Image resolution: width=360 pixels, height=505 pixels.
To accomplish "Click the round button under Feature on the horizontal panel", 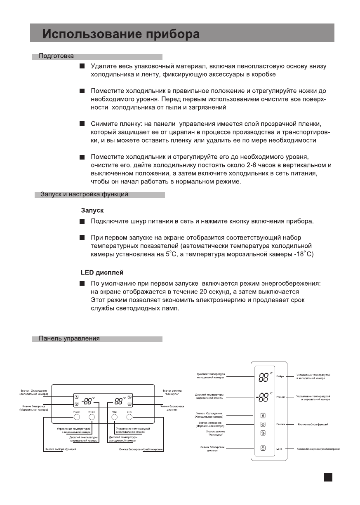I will (x=77, y=417).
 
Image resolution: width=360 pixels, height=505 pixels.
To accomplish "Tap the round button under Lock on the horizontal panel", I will (x=129, y=417).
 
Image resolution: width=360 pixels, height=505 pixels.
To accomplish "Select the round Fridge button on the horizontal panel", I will (x=114, y=417).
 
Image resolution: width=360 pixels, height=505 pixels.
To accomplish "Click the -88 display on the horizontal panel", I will (x=88, y=400).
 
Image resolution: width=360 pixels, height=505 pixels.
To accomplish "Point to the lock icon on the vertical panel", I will (x=263, y=448).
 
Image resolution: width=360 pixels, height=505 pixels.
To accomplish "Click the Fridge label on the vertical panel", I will (x=280, y=377).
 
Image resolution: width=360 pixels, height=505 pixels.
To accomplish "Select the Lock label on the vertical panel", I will (x=279, y=448).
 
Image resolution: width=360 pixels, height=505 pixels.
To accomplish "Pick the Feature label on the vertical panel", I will (x=281, y=424).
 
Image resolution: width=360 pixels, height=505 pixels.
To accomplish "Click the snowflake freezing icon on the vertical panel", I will (x=263, y=424).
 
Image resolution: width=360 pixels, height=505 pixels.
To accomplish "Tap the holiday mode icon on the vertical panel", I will (x=263, y=433).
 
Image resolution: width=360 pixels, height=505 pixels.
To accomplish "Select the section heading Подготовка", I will (x=56, y=56).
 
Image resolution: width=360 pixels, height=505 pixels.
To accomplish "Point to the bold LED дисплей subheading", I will (x=101, y=273).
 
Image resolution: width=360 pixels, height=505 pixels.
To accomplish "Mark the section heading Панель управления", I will (x=69, y=339).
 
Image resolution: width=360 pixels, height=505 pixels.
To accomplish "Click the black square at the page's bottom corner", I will (x=328, y=477).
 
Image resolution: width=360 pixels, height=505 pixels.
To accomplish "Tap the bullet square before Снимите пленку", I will (x=82, y=124).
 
